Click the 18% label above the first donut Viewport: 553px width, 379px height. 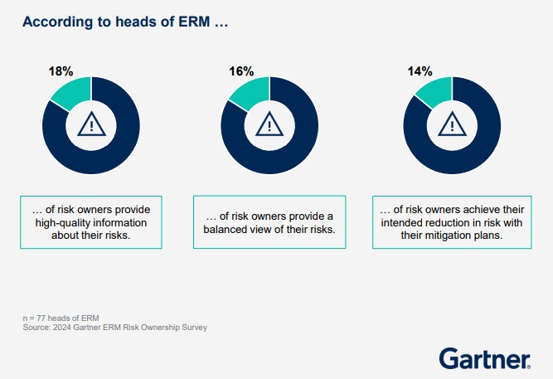62,71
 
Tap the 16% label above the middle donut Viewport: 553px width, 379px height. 242,71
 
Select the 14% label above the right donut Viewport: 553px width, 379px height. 420,71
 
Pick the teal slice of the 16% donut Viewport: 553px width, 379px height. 251,93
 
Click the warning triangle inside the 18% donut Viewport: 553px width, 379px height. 91,124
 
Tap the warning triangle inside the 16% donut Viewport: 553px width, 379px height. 270,124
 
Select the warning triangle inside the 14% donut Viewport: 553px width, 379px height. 452,124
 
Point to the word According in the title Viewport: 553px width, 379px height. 57,21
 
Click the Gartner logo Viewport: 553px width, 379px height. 484,358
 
